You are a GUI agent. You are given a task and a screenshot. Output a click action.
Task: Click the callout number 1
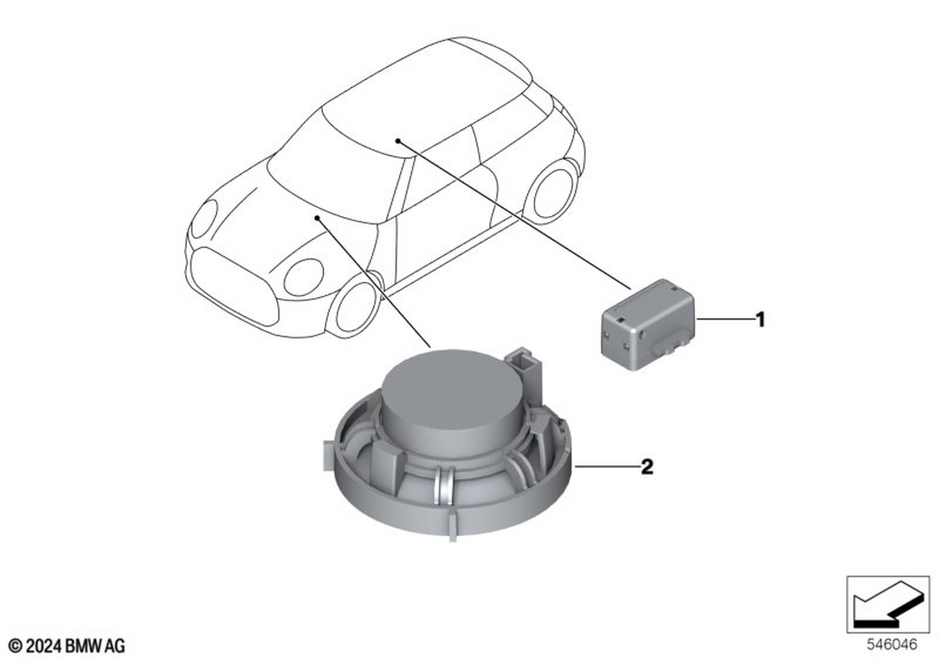pyautogui.click(x=761, y=321)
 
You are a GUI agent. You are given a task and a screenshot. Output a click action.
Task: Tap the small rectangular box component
pyautogui.click(x=648, y=320)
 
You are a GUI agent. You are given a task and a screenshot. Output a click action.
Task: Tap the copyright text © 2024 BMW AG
pyautogui.click(x=67, y=644)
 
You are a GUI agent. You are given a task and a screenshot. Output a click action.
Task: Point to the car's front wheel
pyautogui.click(x=356, y=305)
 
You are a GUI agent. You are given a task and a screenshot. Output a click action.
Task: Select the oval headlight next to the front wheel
pyautogui.click(x=303, y=276)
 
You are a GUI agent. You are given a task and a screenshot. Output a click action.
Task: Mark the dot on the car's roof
pyautogui.click(x=398, y=140)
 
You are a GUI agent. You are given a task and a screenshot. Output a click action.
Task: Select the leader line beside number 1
pyautogui.click(x=724, y=321)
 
